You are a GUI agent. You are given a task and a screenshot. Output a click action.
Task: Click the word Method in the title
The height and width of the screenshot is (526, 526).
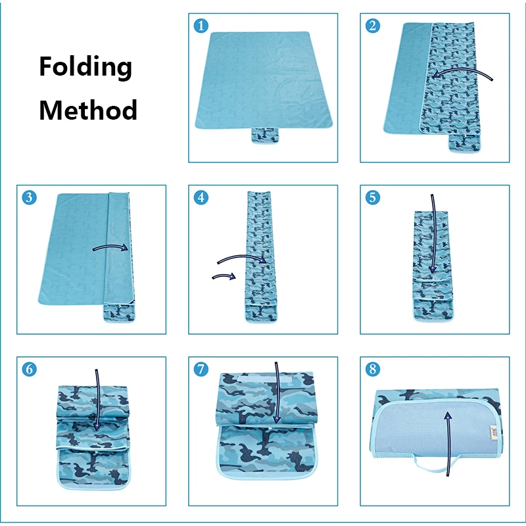tap(88, 109)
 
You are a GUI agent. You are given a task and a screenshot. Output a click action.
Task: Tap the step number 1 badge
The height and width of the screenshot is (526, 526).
tap(201, 26)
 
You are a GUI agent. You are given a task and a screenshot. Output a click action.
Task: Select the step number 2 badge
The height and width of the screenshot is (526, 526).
tap(373, 26)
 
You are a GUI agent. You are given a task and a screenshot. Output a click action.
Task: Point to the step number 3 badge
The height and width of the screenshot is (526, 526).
tap(29, 197)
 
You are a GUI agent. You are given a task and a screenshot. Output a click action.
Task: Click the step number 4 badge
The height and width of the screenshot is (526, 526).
tap(201, 197)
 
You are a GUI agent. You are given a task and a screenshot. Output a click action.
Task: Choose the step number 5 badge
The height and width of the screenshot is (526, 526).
tap(373, 197)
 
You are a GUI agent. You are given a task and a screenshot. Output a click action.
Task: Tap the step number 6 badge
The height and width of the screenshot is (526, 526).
tap(29, 369)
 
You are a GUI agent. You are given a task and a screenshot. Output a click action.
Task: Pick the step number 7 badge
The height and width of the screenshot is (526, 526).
tap(201, 369)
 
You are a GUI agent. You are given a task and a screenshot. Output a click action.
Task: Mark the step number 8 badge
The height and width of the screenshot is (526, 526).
tap(373, 369)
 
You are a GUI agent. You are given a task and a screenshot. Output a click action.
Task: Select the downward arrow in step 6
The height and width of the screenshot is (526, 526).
tap(97, 401)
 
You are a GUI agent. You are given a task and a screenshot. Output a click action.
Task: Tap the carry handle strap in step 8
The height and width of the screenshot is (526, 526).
tap(421, 468)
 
